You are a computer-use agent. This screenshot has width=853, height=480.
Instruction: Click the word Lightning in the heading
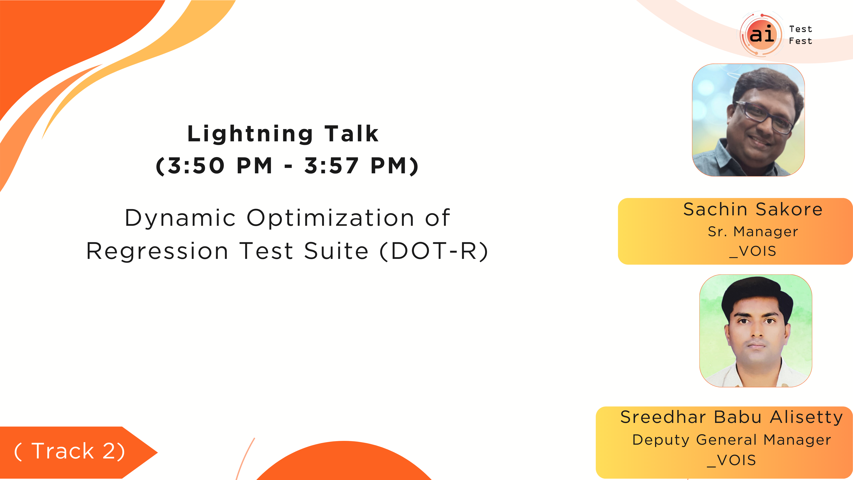[250, 134]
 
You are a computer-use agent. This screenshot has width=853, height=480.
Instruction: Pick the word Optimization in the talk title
[331, 218]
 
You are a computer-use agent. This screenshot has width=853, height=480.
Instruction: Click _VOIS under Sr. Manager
[753, 251]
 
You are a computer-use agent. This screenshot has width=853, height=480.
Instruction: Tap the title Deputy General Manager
[732, 440]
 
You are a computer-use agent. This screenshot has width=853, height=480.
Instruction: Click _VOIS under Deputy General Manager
[731, 460]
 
